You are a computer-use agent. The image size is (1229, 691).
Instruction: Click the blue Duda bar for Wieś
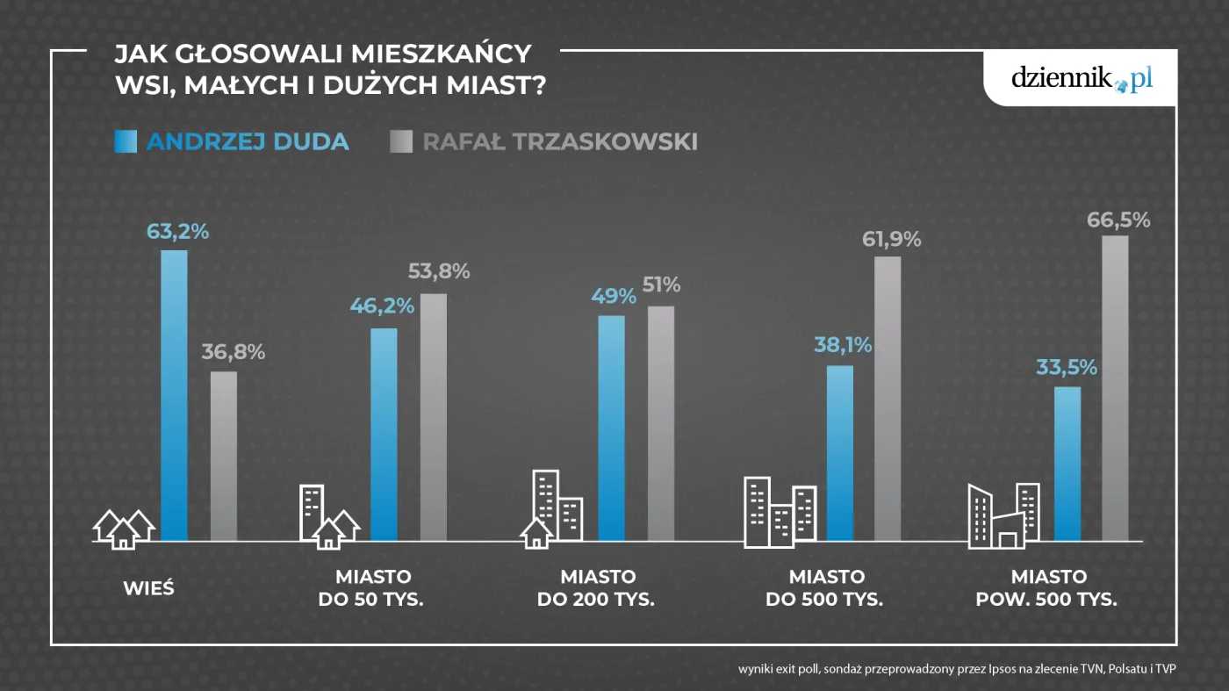click(x=174, y=395)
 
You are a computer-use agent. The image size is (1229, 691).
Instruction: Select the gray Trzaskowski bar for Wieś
click(x=224, y=456)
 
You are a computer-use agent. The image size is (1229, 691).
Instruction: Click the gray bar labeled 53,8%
click(x=434, y=417)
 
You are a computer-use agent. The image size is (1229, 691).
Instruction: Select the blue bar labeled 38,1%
click(x=840, y=453)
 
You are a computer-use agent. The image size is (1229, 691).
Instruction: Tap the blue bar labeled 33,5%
click(x=1067, y=464)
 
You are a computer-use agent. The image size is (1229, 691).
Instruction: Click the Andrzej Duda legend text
click(x=248, y=141)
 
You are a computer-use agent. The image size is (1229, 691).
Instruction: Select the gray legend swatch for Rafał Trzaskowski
click(x=401, y=141)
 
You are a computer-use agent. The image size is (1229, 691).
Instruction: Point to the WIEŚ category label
click(x=148, y=588)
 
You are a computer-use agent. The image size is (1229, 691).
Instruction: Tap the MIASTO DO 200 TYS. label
click(x=597, y=589)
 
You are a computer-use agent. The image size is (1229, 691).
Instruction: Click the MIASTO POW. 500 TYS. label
click(x=1048, y=589)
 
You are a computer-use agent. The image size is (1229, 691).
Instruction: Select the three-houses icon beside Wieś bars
click(x=124, y=529)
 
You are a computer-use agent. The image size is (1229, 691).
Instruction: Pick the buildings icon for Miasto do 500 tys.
click(x=780, y=513)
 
